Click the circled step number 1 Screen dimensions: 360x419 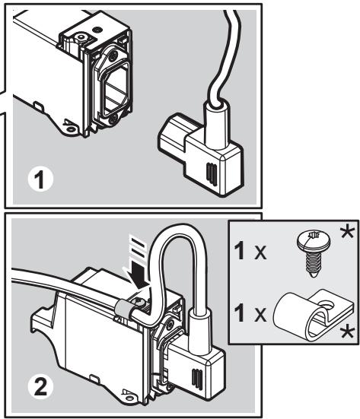40,179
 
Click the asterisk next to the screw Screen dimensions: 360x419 347,232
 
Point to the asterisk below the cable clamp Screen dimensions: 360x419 347,333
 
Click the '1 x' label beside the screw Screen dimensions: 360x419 250,252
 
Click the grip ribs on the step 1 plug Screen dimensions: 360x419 212,174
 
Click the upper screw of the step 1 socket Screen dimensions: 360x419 113,55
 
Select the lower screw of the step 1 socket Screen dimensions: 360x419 113,118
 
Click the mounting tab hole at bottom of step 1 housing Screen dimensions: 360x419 71,129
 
